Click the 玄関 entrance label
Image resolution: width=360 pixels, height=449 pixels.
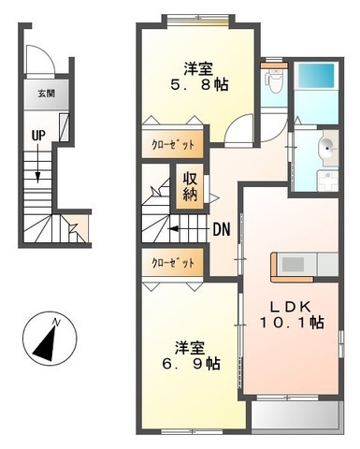click(x=47, y=94)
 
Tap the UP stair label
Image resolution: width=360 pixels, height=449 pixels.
click(x=38, y=136)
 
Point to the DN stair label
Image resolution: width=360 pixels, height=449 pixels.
click(x=222, y=229)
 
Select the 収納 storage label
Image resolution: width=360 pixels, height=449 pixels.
click(x=190, y=186)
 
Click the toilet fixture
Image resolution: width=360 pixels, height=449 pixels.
click(x=274, y=81)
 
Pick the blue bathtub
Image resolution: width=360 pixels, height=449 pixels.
click(x=316, y=76)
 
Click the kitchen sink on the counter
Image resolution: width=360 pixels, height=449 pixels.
click(x=293, y=265)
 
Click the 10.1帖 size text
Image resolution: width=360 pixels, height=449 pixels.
click(x=292, y=323)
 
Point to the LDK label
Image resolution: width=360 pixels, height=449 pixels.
click(x=290, y=307)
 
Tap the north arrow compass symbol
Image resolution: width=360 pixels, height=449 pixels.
click(x=50, y=340)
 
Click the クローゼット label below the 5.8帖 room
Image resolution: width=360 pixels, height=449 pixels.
click(x=173, y=145)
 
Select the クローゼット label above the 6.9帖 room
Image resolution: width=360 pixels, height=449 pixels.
click(x=173, y=263)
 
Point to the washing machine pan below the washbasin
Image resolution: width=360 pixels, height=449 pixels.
click(x=327, y=181)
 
